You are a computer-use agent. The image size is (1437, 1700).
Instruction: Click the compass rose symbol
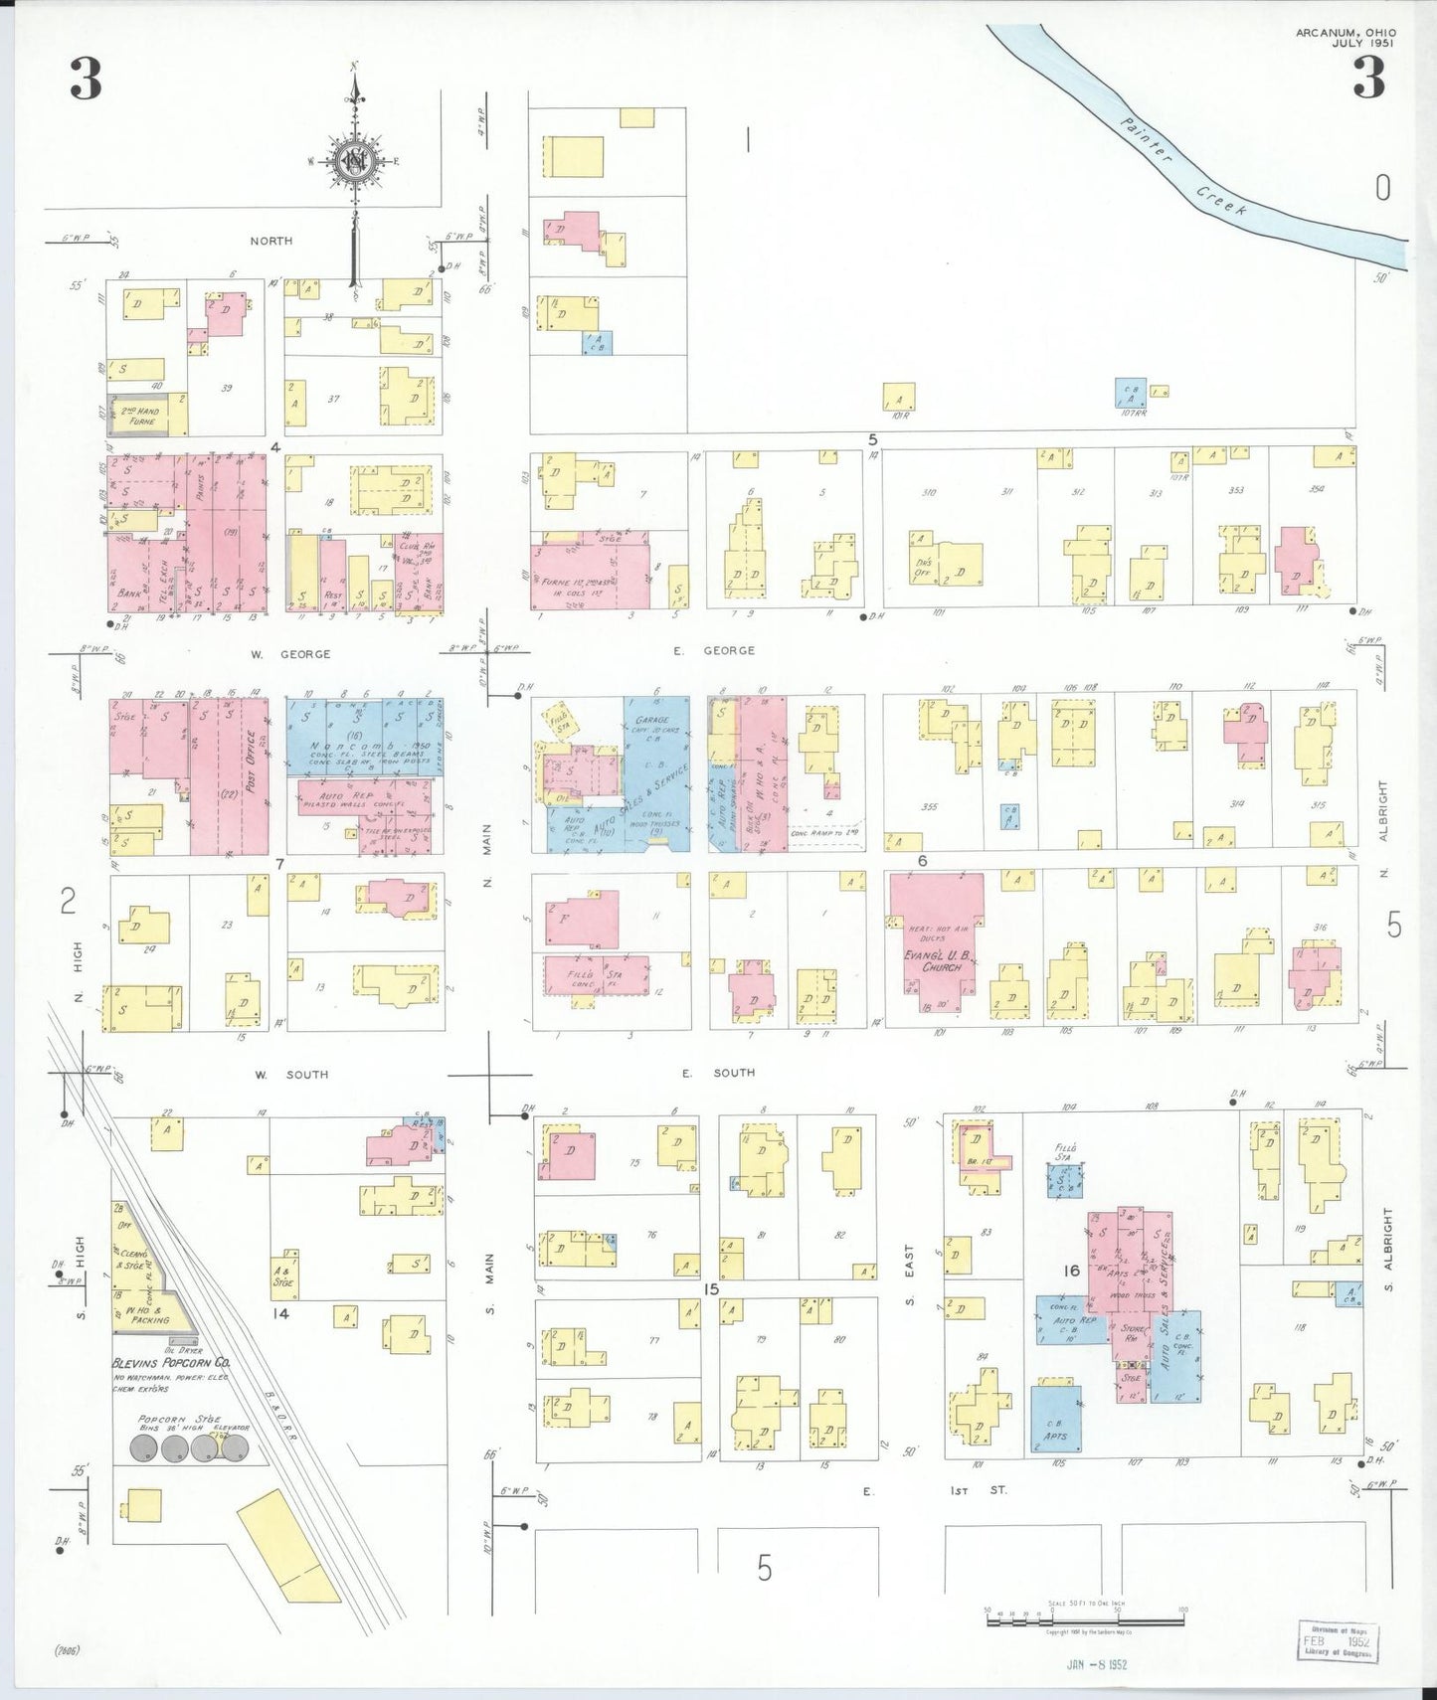click(354, 162)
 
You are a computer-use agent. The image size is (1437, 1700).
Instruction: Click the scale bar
click(1084, 1619)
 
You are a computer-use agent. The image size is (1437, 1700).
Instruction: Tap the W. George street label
click(290, 654)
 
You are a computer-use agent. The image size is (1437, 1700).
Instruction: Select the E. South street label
click(718, 1073)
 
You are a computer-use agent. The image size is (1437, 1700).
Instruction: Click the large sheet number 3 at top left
click(86, 80)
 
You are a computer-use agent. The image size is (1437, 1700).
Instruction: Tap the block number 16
click(1070, 1271)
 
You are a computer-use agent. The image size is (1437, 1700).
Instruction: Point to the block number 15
click(710, 1289)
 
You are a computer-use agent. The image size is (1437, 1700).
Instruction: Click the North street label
click(270, 241)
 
